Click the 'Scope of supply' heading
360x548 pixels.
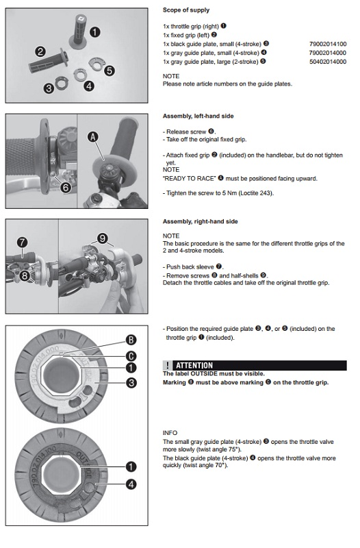[186, 10]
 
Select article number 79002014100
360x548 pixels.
[328, 44]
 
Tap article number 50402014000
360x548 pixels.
[328, 62]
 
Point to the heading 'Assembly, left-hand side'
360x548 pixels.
[198, 116]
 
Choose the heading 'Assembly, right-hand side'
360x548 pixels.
[200, 221]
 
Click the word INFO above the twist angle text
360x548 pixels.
[170, 433]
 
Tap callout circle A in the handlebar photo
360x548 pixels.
[92, 136]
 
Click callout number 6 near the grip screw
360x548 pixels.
[66, 188]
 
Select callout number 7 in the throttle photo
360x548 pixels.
[22, 242]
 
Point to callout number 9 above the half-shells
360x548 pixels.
[102, 238]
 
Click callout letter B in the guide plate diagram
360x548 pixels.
[131, 340]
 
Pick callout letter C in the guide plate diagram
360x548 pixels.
[131, 356]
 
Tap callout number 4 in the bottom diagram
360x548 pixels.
[131, 484]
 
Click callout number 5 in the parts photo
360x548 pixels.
[110, 71]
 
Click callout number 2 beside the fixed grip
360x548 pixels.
[40, 52]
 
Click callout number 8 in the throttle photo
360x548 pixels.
[25, 276]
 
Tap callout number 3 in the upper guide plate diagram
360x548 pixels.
[131, 383]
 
